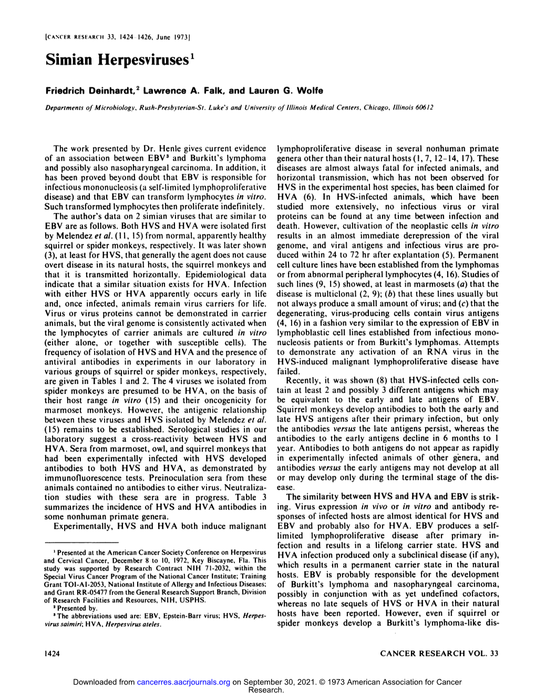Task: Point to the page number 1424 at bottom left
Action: click(53, 653)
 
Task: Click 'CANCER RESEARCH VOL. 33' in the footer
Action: click(439, 653)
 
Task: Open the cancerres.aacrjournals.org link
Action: click(183, 682)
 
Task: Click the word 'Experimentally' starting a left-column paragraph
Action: click(79, 526)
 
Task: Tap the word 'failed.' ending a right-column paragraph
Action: click(287, 371)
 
